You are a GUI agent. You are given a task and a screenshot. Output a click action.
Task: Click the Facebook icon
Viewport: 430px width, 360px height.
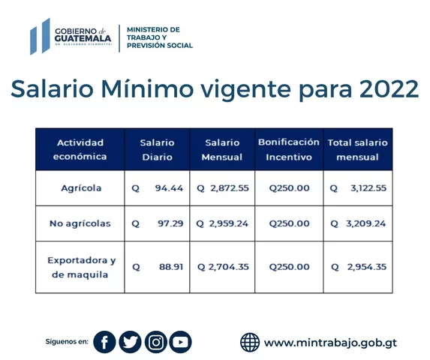pyautogui.click(x=105, y=342)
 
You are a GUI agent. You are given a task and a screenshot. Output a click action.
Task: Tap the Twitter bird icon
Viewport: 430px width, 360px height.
pyautogui.click(x=130, y=342)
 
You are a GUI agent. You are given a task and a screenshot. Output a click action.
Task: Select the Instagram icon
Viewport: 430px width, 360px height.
pyautogui.click(x=155, y=342)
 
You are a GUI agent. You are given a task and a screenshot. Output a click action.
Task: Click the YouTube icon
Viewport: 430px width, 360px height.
pyautogui.click(x=180, y=342)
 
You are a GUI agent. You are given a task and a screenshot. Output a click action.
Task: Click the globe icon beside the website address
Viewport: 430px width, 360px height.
pyautogui.click(x=250, y=343)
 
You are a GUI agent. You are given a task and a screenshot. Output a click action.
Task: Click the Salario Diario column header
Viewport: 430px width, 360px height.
pyautogui.click(x=157, y=149)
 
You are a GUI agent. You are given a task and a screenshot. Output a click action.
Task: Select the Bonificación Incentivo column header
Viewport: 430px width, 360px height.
pyautogui.click(x=289, y=149)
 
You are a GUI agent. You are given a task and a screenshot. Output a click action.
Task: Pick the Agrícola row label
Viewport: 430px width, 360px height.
pyautogui.click(x=81, y=188)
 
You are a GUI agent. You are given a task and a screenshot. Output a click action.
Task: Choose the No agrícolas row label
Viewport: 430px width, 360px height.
pyautogui.click(x=81, y=223)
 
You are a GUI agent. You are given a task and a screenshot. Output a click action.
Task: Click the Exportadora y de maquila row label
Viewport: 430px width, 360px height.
pyautogui.click(x=81, y=267)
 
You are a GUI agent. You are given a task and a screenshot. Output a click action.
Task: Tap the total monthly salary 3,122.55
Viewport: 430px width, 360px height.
pyautogui.click(x=368, y=188)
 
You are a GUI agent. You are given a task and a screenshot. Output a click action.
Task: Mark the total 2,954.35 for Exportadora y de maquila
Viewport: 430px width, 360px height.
pyautogui.click(x=366, y=267)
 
